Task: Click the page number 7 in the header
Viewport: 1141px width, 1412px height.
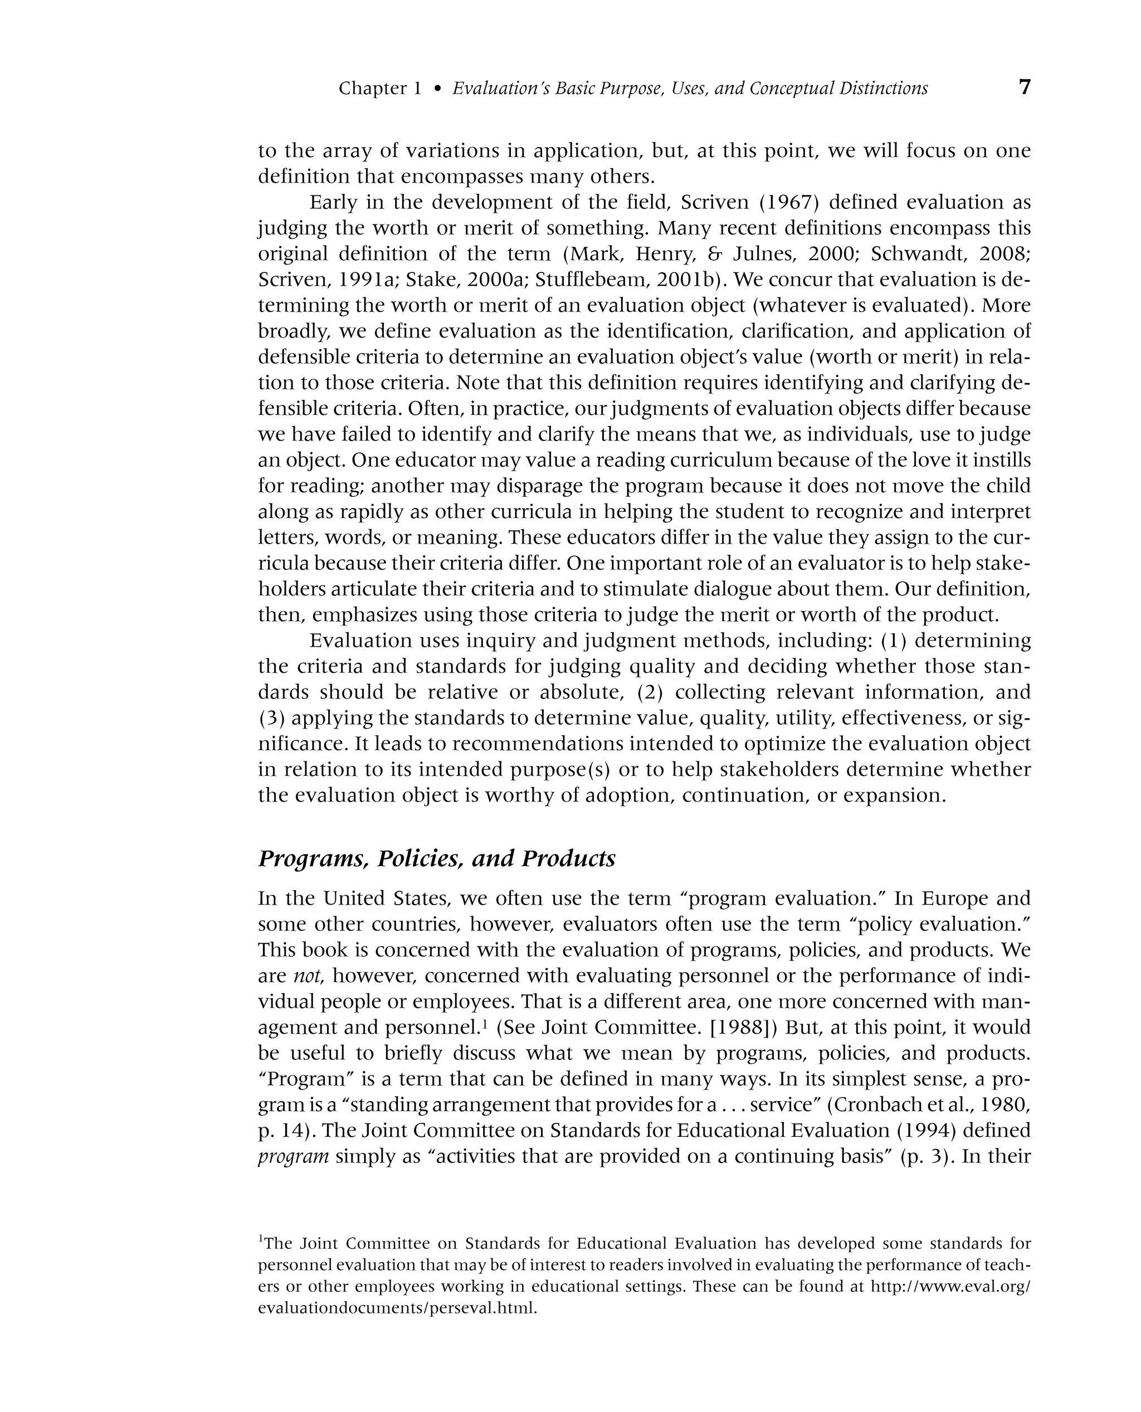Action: point(1024,87)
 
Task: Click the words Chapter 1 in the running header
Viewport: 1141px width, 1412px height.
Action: point(379,89)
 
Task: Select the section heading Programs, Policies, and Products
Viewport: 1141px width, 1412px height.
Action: point(436,859)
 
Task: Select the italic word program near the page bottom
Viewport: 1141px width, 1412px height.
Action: point(293,1156)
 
